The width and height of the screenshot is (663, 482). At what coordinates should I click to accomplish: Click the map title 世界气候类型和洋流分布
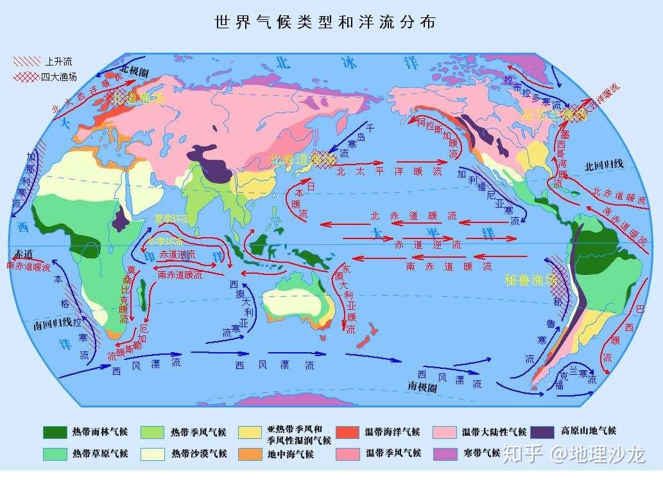pos(325,22)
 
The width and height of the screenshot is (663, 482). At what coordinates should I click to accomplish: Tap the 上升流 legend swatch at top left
pos(26,62)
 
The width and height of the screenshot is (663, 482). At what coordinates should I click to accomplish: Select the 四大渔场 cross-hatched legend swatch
pos(26,77)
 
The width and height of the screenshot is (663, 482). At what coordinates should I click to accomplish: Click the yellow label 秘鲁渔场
pos(530,280)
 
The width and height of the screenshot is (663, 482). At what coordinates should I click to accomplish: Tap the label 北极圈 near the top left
pos(134,69)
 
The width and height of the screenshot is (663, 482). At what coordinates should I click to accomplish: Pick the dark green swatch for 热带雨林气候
pos(55,432)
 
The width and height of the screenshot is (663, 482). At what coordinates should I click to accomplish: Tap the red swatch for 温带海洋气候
pos(347,432)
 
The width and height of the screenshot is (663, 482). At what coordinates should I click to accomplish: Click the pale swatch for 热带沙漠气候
pos(152,454)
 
